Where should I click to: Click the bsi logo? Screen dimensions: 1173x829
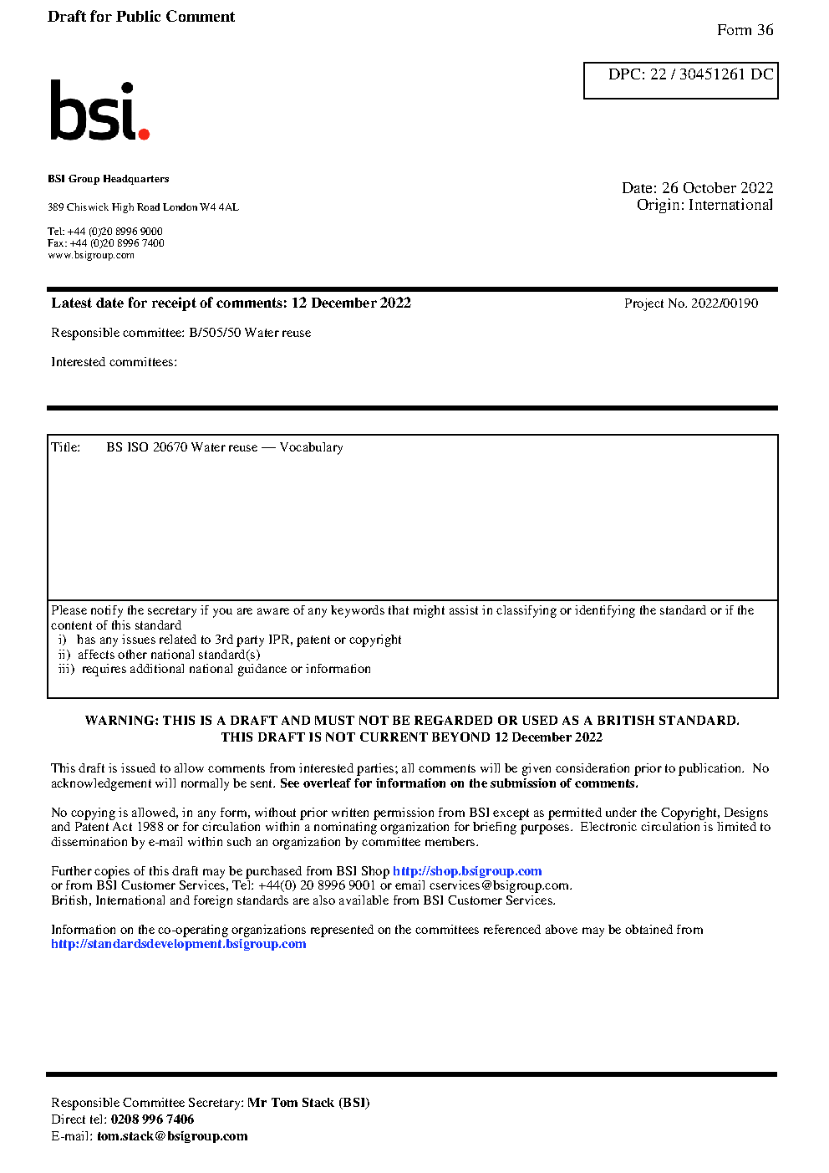click(x=99, y=110)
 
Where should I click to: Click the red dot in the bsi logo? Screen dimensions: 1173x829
click(x=144, y=134)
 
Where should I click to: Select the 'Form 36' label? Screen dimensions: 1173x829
click(x=745, y=30)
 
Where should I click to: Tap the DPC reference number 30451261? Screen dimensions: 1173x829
click(x=712, y=74)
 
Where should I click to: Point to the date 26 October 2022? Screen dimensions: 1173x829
click(x=717, y=188)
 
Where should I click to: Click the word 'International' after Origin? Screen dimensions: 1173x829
click(x=730, y=205)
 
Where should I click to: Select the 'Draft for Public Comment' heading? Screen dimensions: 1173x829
click(x=141, y=17)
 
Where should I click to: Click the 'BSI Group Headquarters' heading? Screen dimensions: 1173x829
click(x=109, y=179)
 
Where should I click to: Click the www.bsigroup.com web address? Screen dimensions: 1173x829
click(x=91, y=255)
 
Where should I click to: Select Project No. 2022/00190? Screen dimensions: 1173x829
click(x=691, y=303)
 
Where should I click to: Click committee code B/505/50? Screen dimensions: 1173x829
click(x=215, y=333)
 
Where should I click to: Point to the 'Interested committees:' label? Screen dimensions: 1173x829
click(x=114, y=362)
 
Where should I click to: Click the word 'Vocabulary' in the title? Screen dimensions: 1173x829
click(x=311, y=447)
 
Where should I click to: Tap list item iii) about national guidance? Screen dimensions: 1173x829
click(x=215, y=669)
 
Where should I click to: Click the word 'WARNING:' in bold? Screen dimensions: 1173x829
click(x=121, y=721)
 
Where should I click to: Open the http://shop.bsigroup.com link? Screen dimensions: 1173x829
click(x=467, y=871)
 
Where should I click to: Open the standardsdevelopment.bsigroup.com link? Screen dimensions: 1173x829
click(x=178, y=944)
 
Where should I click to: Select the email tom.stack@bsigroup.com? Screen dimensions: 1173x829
click(x=172, y=1136)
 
